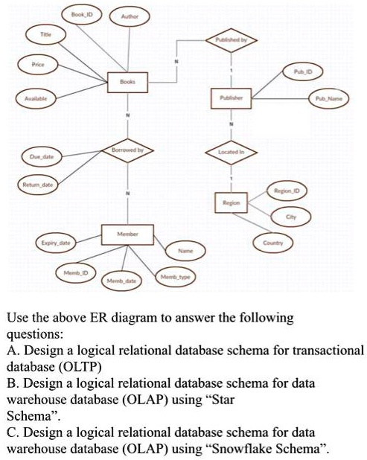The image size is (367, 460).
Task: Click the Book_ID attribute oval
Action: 81,15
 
